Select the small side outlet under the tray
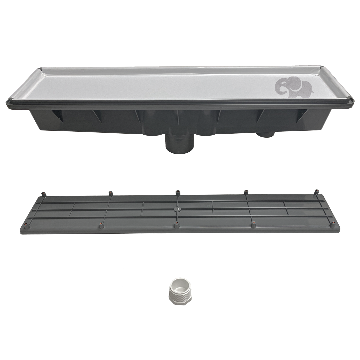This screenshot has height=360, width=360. [266, 134]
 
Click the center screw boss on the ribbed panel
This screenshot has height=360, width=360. [177, 209]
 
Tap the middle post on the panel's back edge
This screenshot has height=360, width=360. [178, 193]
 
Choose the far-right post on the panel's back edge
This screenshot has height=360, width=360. [316, 192]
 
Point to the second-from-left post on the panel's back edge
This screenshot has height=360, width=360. [110, 193]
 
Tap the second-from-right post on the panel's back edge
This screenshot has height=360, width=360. [246, 192]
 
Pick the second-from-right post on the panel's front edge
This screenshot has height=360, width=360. [254, 225]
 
